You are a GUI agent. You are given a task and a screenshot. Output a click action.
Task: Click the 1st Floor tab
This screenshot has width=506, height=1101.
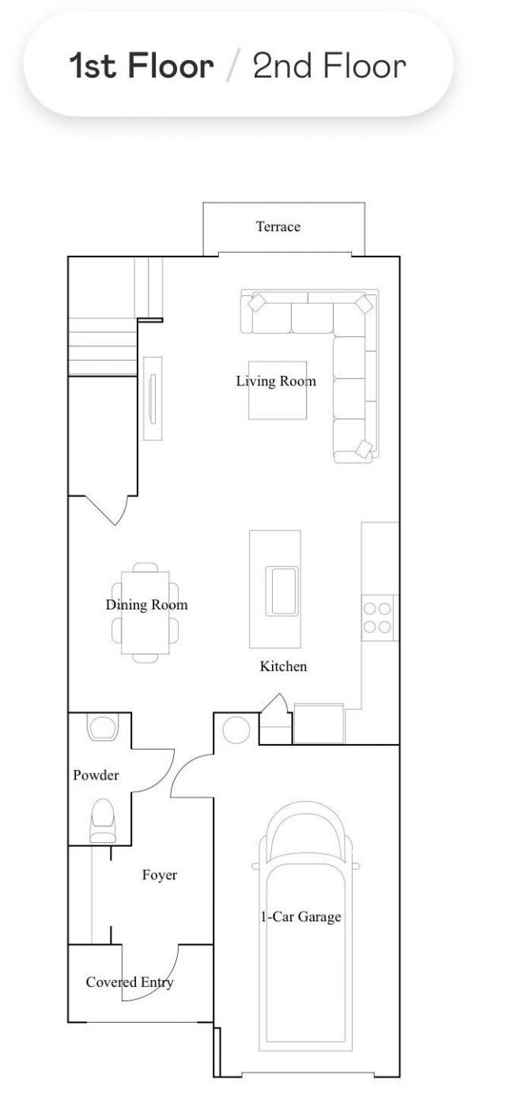click(142, 66)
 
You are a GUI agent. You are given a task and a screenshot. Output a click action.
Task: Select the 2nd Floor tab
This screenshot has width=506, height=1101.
click(330, 66)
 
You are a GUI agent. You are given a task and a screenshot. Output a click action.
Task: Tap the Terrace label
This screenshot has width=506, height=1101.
click(278, 226)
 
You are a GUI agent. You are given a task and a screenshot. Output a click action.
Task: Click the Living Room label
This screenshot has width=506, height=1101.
click(276, 382)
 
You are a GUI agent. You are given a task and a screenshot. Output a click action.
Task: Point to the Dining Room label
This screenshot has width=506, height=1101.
click(147, 605)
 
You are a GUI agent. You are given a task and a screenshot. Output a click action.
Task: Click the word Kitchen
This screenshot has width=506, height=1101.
click(283, 666)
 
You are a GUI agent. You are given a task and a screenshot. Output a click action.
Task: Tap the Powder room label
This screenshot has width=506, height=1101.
click(96, 776)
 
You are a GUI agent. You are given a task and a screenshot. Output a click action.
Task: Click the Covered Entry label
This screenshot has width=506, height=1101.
click(130, 982)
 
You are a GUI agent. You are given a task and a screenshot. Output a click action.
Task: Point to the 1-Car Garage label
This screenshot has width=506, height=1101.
click(300, 917)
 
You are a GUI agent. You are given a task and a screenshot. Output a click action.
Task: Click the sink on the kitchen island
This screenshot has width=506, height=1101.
click(281, 590)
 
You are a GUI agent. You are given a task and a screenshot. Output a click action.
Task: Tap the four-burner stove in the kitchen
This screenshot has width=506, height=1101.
click(377, 617)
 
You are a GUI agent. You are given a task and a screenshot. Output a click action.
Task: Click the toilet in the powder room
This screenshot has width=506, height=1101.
click(103, 821)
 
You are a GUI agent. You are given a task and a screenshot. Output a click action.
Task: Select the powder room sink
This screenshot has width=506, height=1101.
click(103, 727)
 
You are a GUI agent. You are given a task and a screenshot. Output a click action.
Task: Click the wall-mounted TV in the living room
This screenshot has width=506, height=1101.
click(153, 399)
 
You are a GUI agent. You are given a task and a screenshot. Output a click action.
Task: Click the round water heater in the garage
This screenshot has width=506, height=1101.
click(236, 730)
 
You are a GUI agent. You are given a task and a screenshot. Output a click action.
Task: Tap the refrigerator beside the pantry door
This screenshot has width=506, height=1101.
click(319, 723)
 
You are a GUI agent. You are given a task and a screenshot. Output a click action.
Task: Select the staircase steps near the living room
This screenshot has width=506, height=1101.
click(102, 347)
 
